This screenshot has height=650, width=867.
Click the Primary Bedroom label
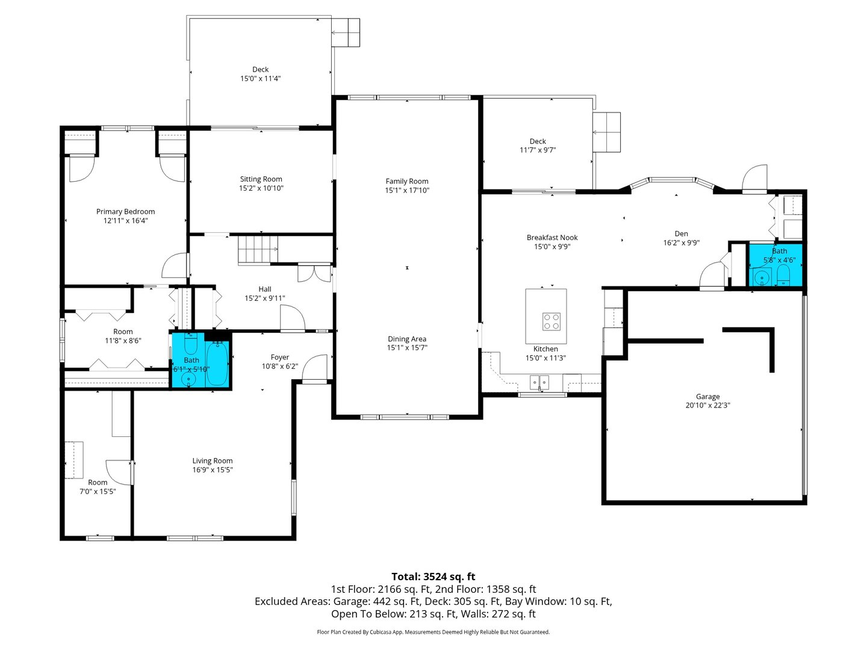pos(125,211)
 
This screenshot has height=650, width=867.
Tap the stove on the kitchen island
pos(551,321)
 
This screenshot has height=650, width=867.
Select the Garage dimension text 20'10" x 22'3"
pos(707,406)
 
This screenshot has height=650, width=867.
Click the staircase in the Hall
pos(258,250)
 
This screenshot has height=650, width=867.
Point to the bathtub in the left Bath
pos(217,364)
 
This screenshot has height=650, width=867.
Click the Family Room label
pos(407,181)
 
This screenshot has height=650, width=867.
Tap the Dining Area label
pos(407,339)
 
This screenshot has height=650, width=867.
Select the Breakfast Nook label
pos(552,238)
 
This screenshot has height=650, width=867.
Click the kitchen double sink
pos(539,382)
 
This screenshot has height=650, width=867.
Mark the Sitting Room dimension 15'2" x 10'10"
pos(261,188)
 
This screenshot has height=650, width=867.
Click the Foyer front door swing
pos(315,368)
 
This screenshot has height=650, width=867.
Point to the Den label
pos(681,234)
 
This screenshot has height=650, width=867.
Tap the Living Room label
pos(212,461)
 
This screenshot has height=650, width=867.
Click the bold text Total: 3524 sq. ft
pos(433,577)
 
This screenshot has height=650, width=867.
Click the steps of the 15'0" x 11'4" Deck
pos(346,32)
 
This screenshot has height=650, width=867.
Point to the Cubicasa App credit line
pos(433,632)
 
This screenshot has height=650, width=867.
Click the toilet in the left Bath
pos(190,344)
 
